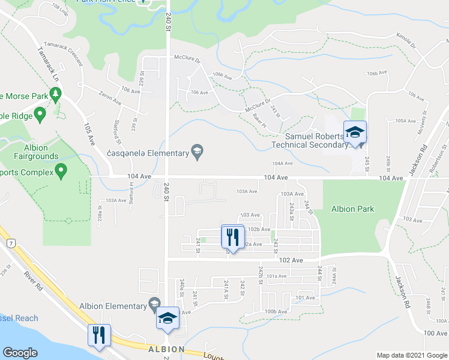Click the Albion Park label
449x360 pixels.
tap(352, 209)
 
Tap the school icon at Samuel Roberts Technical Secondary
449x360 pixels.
tap(354, 133)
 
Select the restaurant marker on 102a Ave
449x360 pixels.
tap(232, 236)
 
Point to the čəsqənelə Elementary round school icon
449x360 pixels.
tap(197, 152)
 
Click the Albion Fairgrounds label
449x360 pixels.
tap(33, 152)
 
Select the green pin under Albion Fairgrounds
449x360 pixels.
tap(61, 173)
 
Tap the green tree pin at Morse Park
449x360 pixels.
tap(56, 94)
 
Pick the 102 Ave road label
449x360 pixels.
tap(291, 260)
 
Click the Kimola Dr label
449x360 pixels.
tap(405, 42)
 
